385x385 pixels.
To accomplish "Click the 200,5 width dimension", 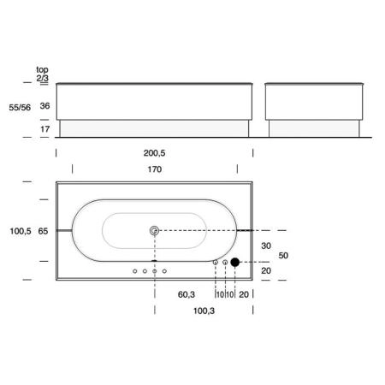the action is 154,153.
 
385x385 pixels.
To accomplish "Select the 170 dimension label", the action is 155,169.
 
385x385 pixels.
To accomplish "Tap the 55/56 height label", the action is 20,108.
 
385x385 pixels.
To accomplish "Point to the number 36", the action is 44,106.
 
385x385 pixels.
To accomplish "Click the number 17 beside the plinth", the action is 44,129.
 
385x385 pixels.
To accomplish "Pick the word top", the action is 42,69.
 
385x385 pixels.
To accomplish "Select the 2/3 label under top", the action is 43,78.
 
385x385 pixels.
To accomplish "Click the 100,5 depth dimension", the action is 21,231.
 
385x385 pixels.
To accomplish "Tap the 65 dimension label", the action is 43,231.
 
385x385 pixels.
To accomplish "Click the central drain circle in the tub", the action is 154,230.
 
